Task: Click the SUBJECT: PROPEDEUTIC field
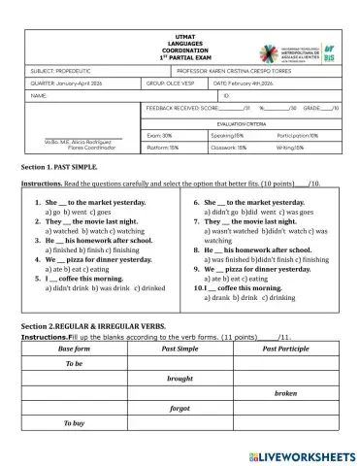[x=63, y=71]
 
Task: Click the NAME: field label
[x=39, y=96]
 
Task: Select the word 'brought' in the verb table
[x=180, y=378]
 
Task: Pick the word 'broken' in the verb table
[x=285, y=393]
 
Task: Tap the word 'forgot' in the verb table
[x=180, y=409]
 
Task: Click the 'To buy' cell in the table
[x=75, y=424]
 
